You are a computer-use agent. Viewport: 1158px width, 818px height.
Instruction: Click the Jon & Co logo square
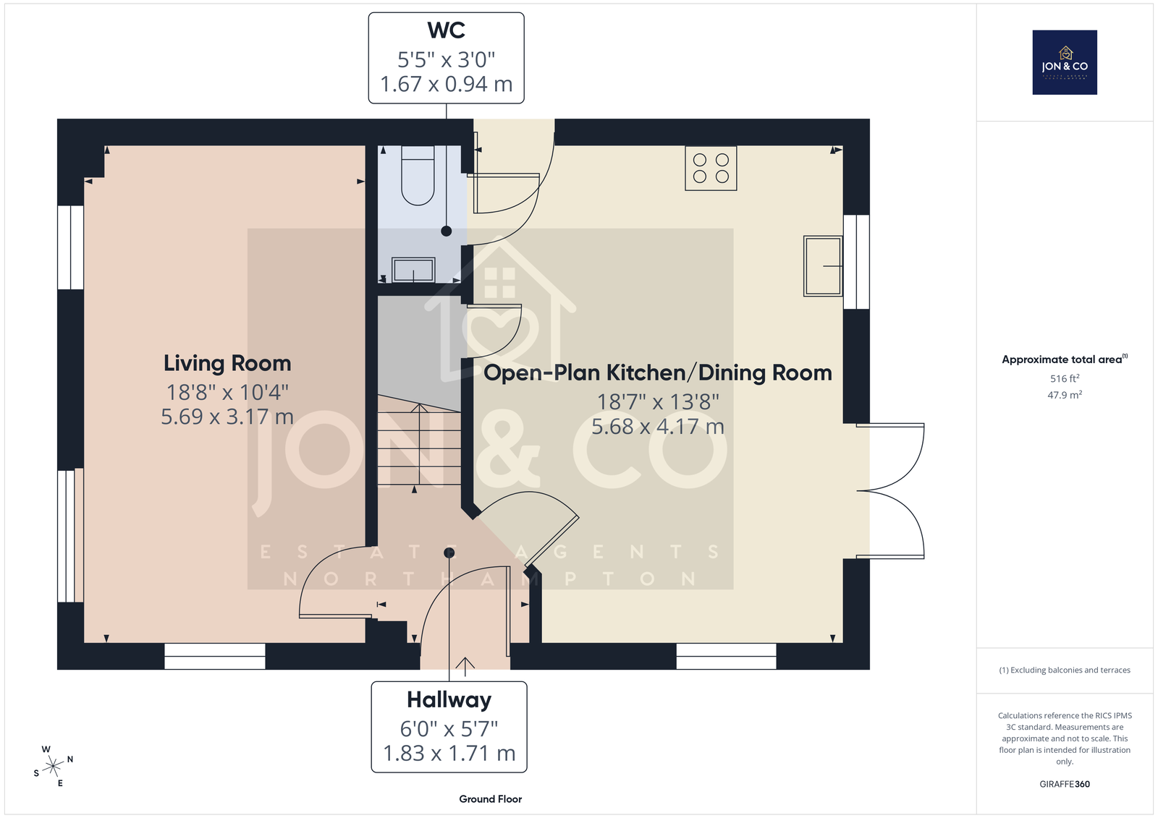(1065, 62)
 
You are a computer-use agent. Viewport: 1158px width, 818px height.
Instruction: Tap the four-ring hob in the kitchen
(711, 169)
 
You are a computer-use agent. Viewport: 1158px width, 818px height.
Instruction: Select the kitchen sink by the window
(823, 266)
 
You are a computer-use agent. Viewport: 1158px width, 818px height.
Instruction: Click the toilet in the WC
(418, 176)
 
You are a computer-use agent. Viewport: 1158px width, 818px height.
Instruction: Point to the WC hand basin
(413, 270)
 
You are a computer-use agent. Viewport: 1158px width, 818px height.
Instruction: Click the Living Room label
(227, 363)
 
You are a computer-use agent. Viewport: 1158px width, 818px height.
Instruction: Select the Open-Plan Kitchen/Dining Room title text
(658, 373)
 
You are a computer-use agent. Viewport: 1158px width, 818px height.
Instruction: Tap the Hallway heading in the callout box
(449, 700)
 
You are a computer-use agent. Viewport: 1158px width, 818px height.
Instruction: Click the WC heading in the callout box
(446, 30)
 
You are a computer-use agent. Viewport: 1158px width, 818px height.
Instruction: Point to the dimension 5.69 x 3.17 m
(227, 417)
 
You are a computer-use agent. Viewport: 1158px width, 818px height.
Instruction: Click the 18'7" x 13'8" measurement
(658, 402)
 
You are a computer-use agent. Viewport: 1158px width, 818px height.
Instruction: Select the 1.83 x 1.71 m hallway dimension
(449, 754)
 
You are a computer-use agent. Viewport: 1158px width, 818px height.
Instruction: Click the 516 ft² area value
(1065, 378)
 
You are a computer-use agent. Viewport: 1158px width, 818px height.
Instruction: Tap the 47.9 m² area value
(1065, 395)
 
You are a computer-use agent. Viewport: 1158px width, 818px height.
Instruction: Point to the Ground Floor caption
(491, 799)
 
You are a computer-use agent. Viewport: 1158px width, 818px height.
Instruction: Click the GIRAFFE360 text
(1065, 784)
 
